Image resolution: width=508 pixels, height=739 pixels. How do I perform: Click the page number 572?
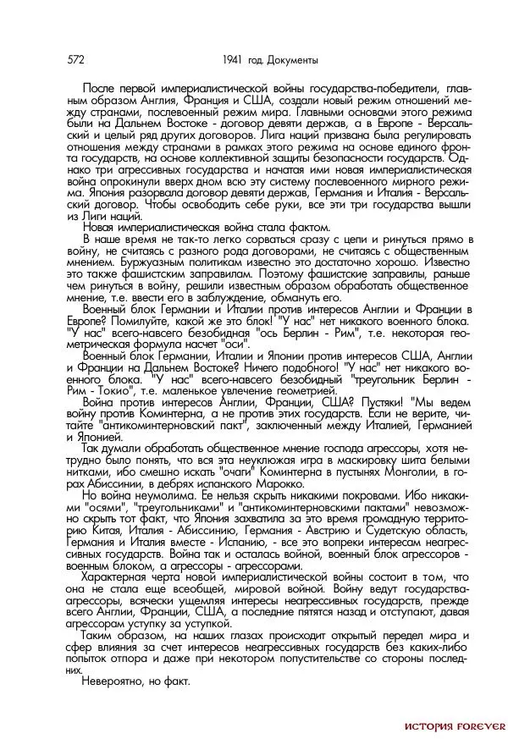(x=75, y=59)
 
